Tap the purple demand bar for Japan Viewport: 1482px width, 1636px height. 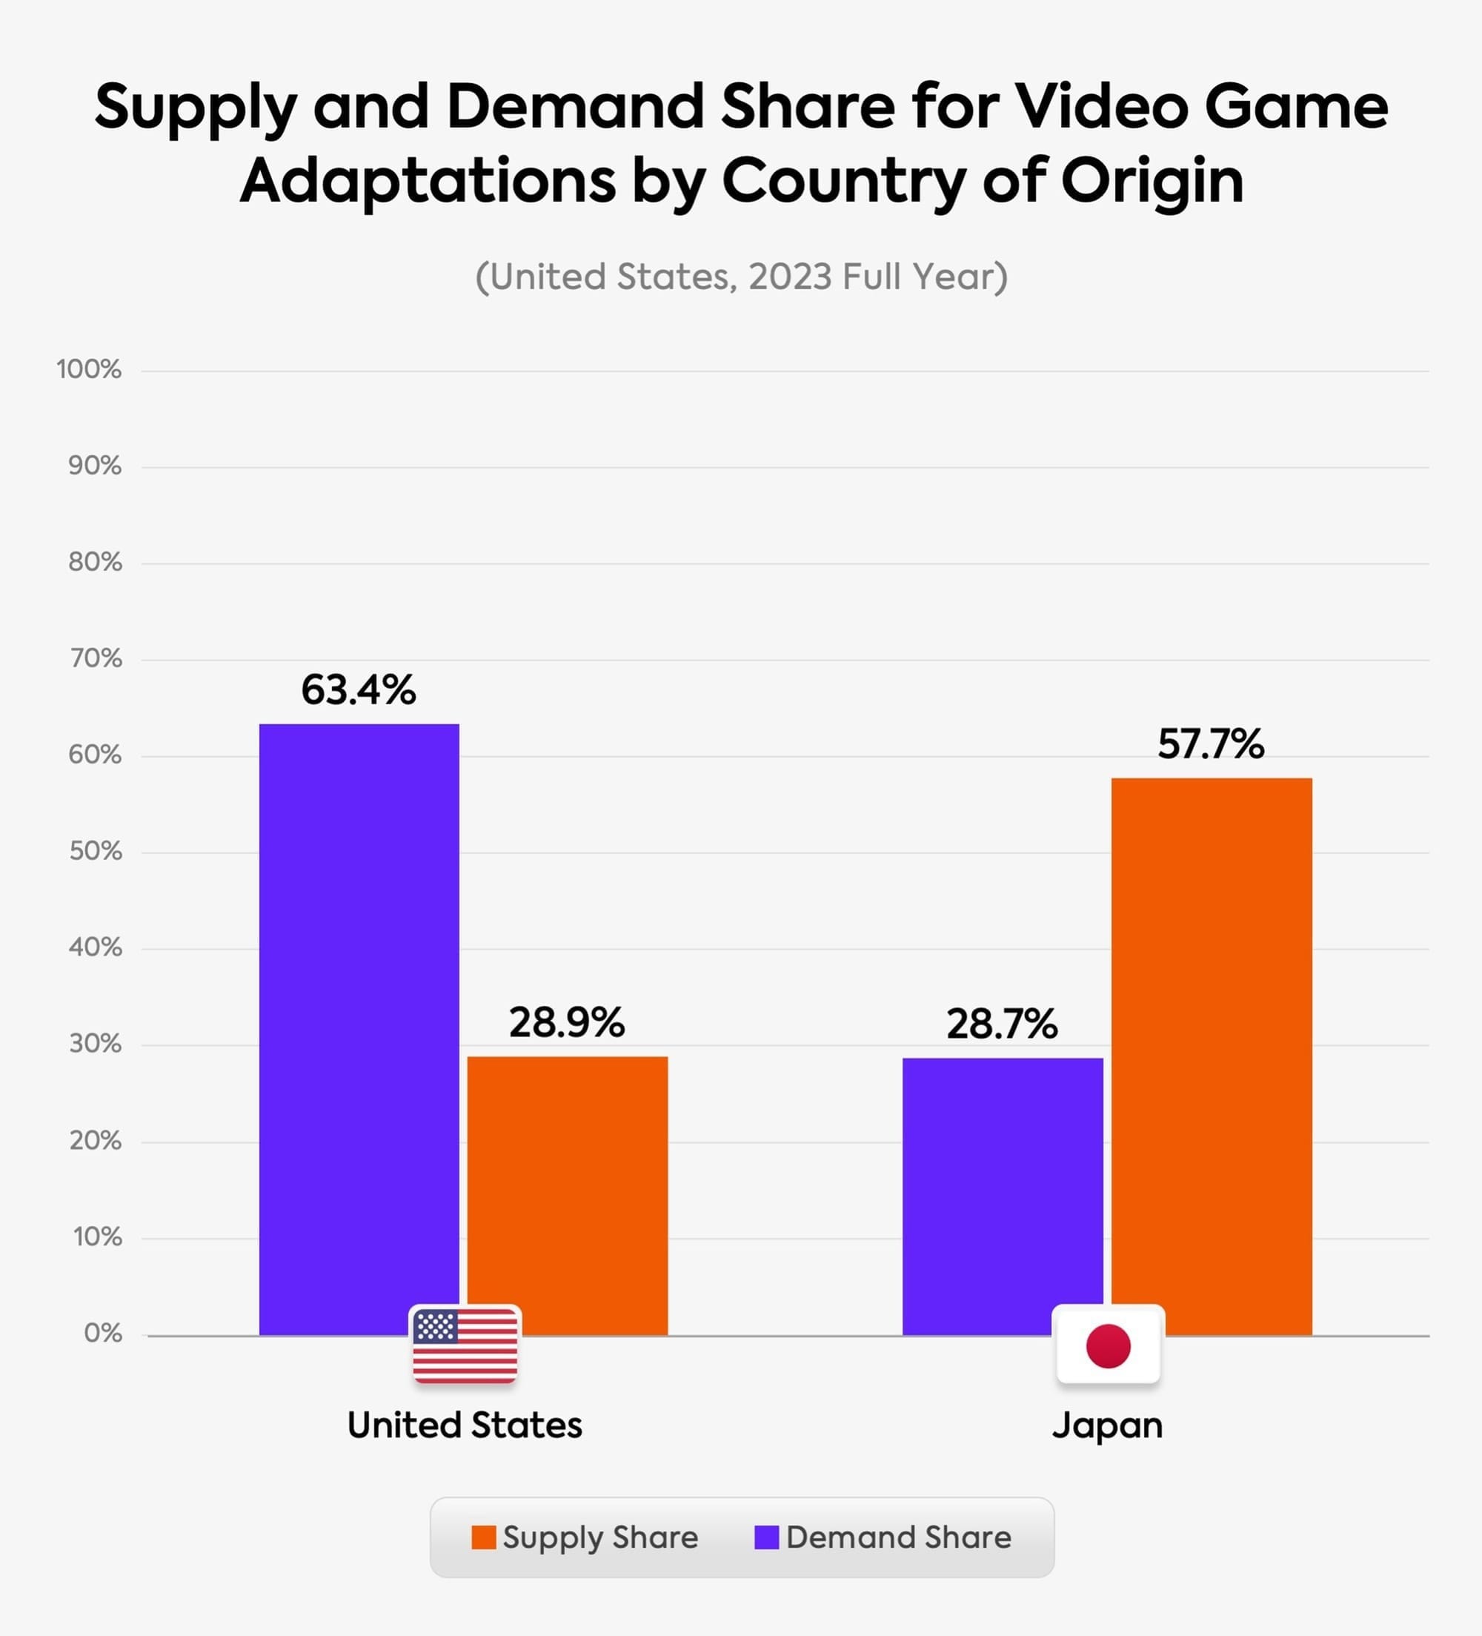pyautogui.click(x=1003, y=1193)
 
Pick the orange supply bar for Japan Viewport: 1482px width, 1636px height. pyautogui.click(x=1211, y=1055)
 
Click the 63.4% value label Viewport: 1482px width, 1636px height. pyautogui.click(x=359, y=691)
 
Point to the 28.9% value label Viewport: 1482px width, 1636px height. pyautogui.click(x=567, y=1022)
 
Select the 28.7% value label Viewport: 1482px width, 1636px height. pyautogui.click(x=1002, y=1024)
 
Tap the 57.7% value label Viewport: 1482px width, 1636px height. pyautogui.click(x=1210, y=744)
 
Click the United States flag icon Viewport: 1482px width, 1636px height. pyautogui.click(x=465, y=1345)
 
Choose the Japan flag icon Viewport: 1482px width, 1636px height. pyautogui.click(x=1108, y=1345)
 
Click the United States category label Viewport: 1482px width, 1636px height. pyautogui.click(x=465, y=1425)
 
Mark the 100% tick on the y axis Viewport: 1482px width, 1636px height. pyautogui.click(x=89, y=370)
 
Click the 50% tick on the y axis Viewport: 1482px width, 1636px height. pyautogui.click(x=96, y=851)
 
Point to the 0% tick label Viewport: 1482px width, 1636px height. pyautogui.click(x=103, y=1334)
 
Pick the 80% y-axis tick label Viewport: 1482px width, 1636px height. pyautogui.click(x=96, y=563)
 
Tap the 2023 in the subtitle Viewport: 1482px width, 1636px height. pyautogui.click(x=790, y=276)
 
